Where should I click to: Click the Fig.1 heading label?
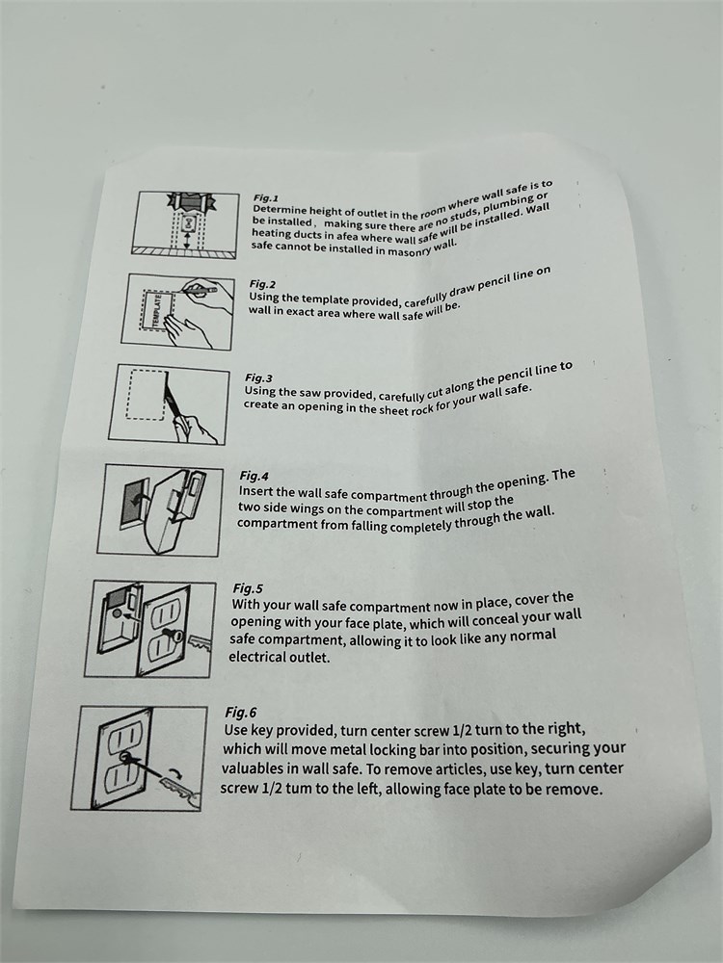[266, 197]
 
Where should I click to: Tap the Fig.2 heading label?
[262, 284]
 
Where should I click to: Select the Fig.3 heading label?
[258, 377]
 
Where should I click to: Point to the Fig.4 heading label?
[254, 476]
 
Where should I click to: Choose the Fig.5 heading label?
[248, 587]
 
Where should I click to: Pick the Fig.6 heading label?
[240, 713]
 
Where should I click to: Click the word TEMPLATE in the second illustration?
[156, 311]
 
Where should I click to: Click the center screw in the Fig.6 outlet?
[126, 757]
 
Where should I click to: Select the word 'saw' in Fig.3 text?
[311, 393]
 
